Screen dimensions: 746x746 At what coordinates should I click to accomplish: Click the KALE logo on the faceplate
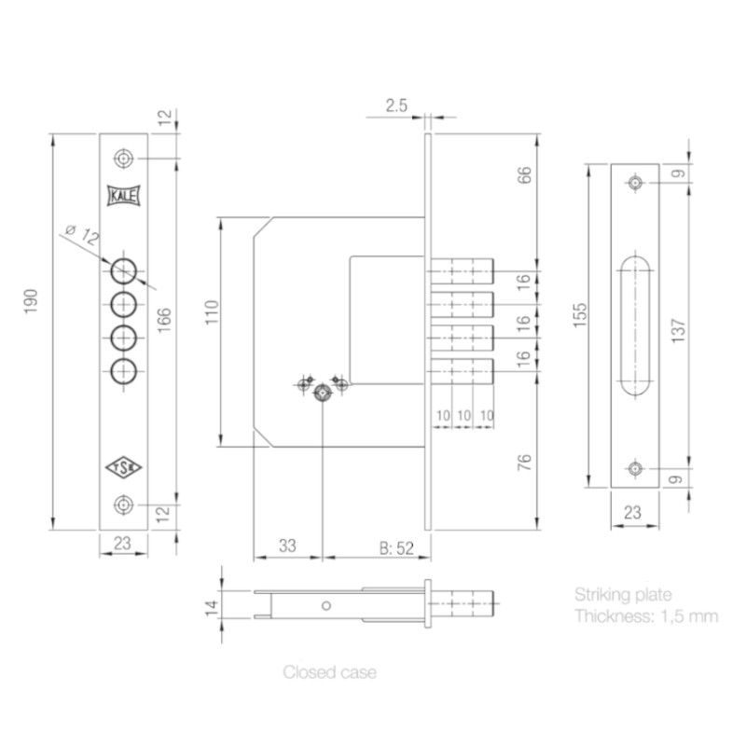click(124, 195)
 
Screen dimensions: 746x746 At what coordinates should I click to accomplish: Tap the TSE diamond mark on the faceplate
click(124, 468)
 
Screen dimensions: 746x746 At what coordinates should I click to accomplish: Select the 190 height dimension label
click(31, 301)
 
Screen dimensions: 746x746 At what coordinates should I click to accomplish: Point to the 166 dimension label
click(164, 320)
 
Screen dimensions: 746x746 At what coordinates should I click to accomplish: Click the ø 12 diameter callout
click(82, 234)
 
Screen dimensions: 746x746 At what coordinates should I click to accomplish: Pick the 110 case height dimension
click(212, 312)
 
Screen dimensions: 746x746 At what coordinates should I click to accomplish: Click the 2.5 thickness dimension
click(396, 105)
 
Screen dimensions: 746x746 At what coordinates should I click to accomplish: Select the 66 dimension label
click(524, 174)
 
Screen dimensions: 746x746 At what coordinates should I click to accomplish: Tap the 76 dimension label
click(524, 463)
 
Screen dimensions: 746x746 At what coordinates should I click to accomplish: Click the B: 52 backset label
click(396, 548)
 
